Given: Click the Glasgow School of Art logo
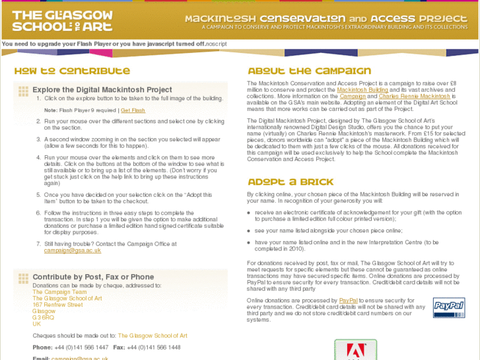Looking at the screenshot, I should click(62, 21).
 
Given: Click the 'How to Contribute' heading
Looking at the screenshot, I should click(72, 71).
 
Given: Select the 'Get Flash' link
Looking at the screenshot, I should click(133, 110).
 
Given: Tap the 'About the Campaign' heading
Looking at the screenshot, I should click(309, 71).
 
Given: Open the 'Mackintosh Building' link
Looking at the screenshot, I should click(362, 90).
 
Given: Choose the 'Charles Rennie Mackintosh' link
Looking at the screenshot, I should click(415, 96).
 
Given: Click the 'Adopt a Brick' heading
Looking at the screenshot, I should click(291, 182).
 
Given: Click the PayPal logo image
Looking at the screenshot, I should click(449, 307).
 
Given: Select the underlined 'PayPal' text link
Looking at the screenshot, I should click(348, 301).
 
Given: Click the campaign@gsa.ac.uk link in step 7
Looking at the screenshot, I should click(73, 250).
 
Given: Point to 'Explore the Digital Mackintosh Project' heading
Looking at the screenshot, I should click(102, 90).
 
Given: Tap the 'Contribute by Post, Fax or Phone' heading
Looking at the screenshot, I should click(93, 277).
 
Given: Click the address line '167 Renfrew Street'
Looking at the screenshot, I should click(57, 305).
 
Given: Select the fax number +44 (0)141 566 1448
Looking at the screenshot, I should click(154, 347).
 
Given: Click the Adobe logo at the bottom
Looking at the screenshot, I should click(355, 350).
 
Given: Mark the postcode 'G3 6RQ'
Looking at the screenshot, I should click(43, 318).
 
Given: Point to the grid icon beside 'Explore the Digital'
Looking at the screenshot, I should click(23, 91).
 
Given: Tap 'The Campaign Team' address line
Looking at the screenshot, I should click(59, 292).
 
